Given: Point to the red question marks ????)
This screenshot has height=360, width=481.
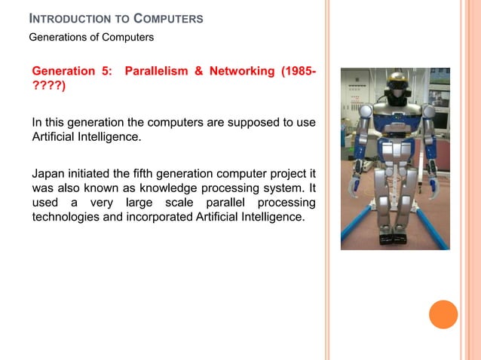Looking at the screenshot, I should (48, 87).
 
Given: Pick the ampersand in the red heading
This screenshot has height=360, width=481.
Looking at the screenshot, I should (200, 72).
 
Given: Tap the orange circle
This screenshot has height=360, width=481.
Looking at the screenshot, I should (443, 314).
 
